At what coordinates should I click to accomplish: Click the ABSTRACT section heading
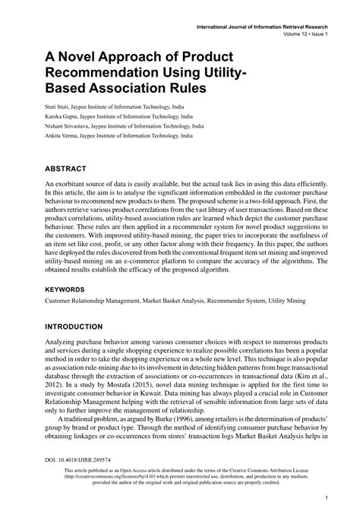[x=65, y=168]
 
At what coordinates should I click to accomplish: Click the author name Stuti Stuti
[x=57, y=107]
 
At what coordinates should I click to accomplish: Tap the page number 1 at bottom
[x=325, y=498]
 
